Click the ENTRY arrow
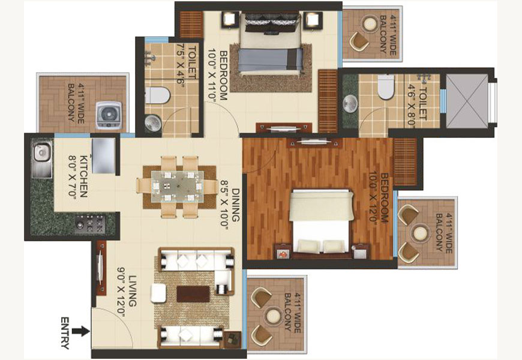click(x=81, y=331)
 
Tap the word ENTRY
click(x=65, y=333)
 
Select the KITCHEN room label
click(x=78, y=176)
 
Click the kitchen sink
click(x=41, y=158)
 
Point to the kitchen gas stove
click(x=89, y=223)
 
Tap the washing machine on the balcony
click(x=109, y=115)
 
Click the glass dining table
click(x=178, y=187)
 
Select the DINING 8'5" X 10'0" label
click(x=230, y=204)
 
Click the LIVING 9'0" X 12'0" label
click(x=127, y=292)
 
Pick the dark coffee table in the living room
click(x=193, y=294)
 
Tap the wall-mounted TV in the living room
click(x=101, y=268)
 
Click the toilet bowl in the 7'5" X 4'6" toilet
click(x=157, y=95)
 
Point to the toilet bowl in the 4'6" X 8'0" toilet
click(x=386, y=86)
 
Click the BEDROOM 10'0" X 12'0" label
click(x=379, y=198)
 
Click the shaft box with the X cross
click(x=467, y=101)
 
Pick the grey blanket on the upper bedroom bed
click(x=271, y=59)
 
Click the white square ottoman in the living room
click(x=158, y=293)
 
